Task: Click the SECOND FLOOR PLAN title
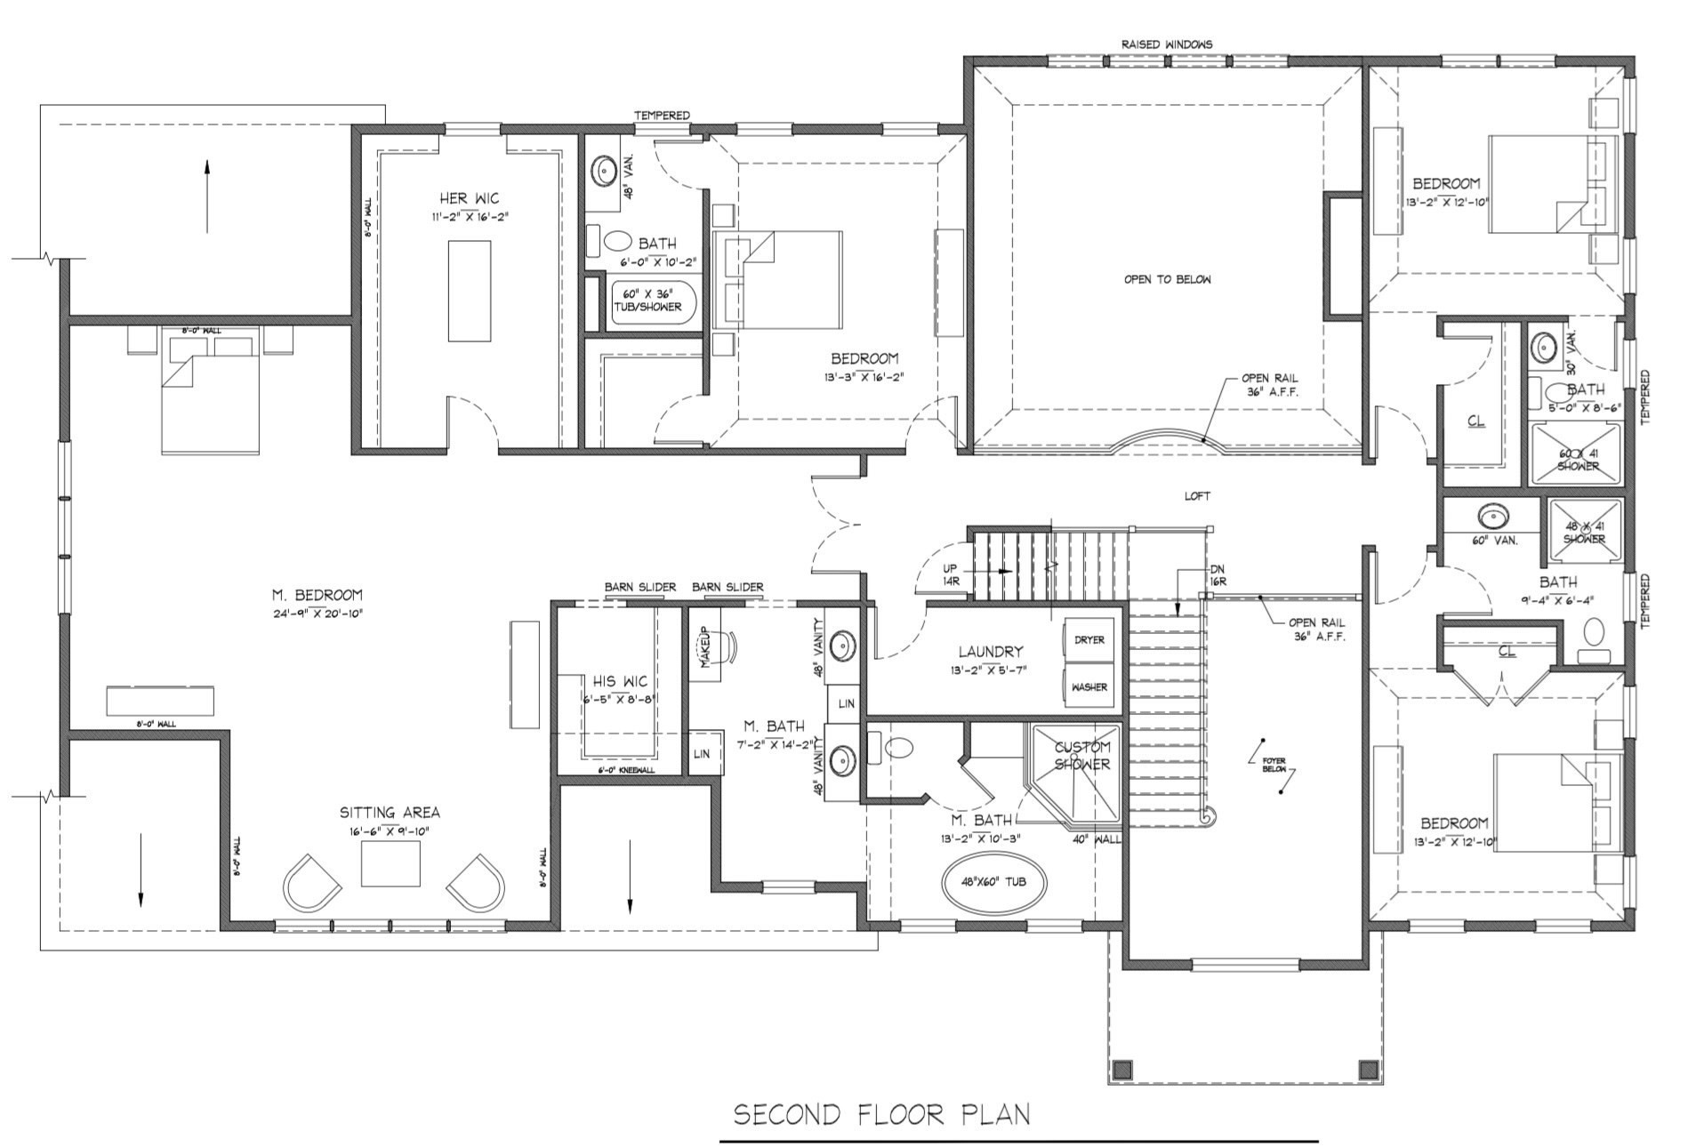click(x=881, y=1115)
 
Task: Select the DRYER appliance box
click(x=1089, y=640)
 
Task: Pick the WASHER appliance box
click(x=1089, y=687)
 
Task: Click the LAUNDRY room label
click(x=990, y=652)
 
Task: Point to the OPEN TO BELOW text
click(x=1167, y=279)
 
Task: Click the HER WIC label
click(x=469, y=198)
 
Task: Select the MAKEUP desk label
click(x=704, y=647)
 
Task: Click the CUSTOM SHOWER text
click(x=1081, y=756)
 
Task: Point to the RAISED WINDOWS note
click(x=1166, y=44)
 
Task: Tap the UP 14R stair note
click(x=950, y=573)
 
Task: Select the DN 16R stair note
click(x=1218, y=574)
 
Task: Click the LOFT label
click(x=1197, y=496)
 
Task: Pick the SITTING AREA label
click(x=390, y=813)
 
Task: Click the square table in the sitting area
click(x=390, y=863)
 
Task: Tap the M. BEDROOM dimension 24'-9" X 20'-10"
click(x=317, y=614)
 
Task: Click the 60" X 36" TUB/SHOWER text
click(x=647, y=300)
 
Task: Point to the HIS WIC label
click(x=620, y=681)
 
